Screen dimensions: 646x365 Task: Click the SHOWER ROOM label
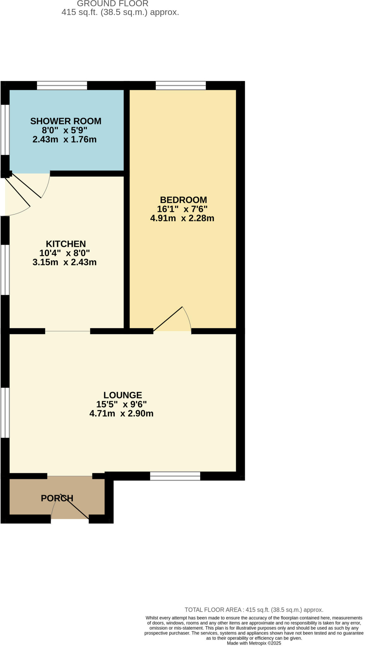click(x=66, y=121)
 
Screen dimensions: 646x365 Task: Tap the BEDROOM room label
click(x=183, y=200)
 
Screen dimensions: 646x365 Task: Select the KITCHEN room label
click(x=66, y=244)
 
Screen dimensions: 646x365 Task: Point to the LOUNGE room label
click(x=123, y=395)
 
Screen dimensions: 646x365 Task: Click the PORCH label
click(x=57, y=498)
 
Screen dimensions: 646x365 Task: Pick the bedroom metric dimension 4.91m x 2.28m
click(x=182, y=218)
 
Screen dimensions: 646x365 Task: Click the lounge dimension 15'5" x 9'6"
click(x=121, y=404)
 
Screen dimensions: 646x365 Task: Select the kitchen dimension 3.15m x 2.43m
click(x=64, y=262)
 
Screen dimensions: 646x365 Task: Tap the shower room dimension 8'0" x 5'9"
click(x=64, y=130)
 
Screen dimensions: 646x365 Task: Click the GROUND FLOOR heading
click(x=113, y=4)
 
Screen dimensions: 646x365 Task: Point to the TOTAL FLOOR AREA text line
click(x=254, y=610)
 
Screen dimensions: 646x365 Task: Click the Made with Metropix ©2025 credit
click(x=254, y=643)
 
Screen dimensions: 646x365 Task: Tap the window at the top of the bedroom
click(x=181, y=85)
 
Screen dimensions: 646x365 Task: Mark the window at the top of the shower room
click(x=62, y=85)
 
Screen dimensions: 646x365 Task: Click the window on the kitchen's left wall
click(x=5, y=270)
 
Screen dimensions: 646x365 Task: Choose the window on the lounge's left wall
click(x=5, y=413)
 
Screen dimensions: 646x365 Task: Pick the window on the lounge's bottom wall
click(x=175, y=476)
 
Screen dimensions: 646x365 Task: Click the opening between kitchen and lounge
click(x=68, y=331)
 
